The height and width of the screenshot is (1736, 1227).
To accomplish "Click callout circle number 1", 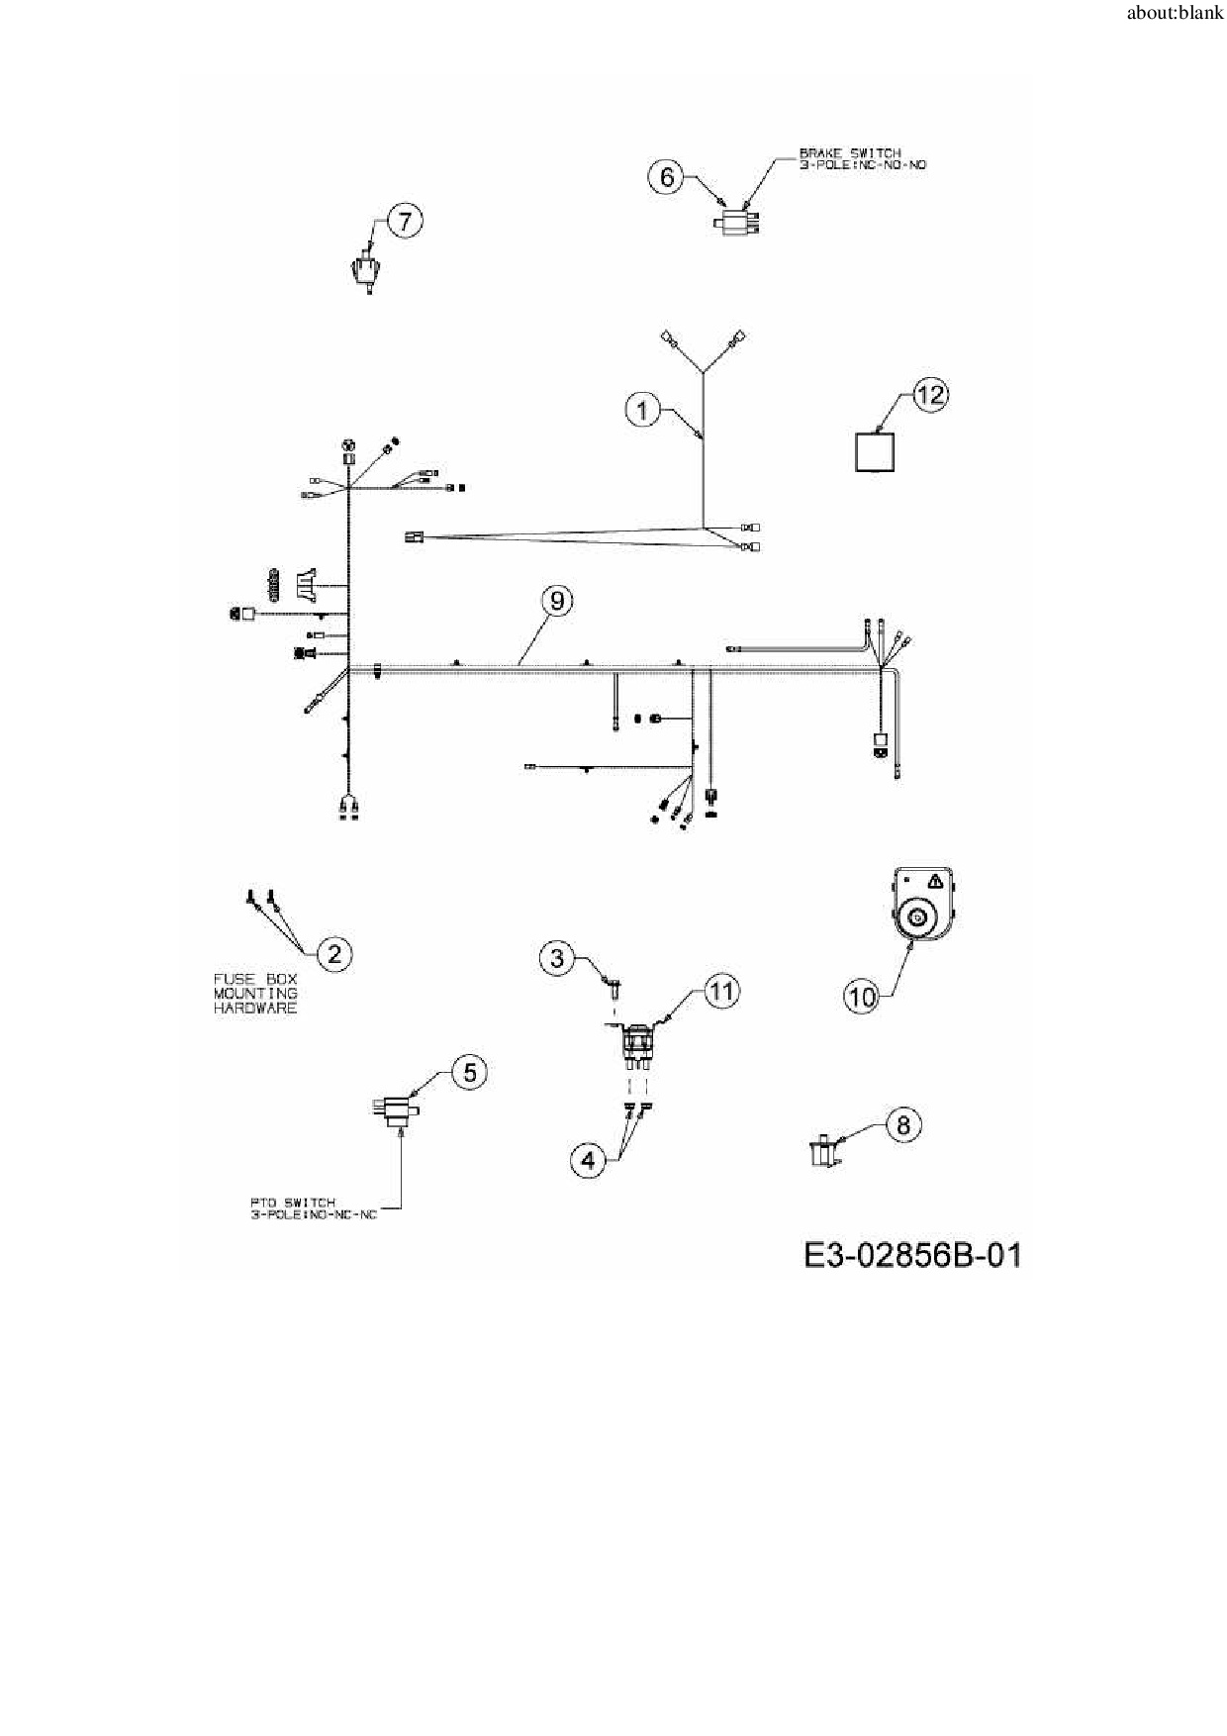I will pos(643,409).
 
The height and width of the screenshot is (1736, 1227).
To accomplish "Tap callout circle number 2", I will pos(334,954).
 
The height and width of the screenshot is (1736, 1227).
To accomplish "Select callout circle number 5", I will pos(469,1072).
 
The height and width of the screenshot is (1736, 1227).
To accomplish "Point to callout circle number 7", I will pos(404,220).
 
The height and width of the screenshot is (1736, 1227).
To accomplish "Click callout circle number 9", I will pos(557,601).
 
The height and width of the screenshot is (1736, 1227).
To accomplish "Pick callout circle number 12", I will pos(930,395).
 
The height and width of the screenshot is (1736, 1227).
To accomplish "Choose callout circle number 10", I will pos(862,996).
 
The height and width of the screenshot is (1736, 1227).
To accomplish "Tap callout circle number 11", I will pos(722,991).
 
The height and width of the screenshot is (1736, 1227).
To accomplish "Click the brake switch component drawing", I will pos(735,220).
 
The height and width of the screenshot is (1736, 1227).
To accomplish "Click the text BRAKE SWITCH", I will pos(850,153).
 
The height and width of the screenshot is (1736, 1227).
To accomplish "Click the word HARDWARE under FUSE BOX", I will pos(255,1009).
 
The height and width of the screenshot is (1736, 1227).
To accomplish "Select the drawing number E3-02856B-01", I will pos(911,1255).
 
